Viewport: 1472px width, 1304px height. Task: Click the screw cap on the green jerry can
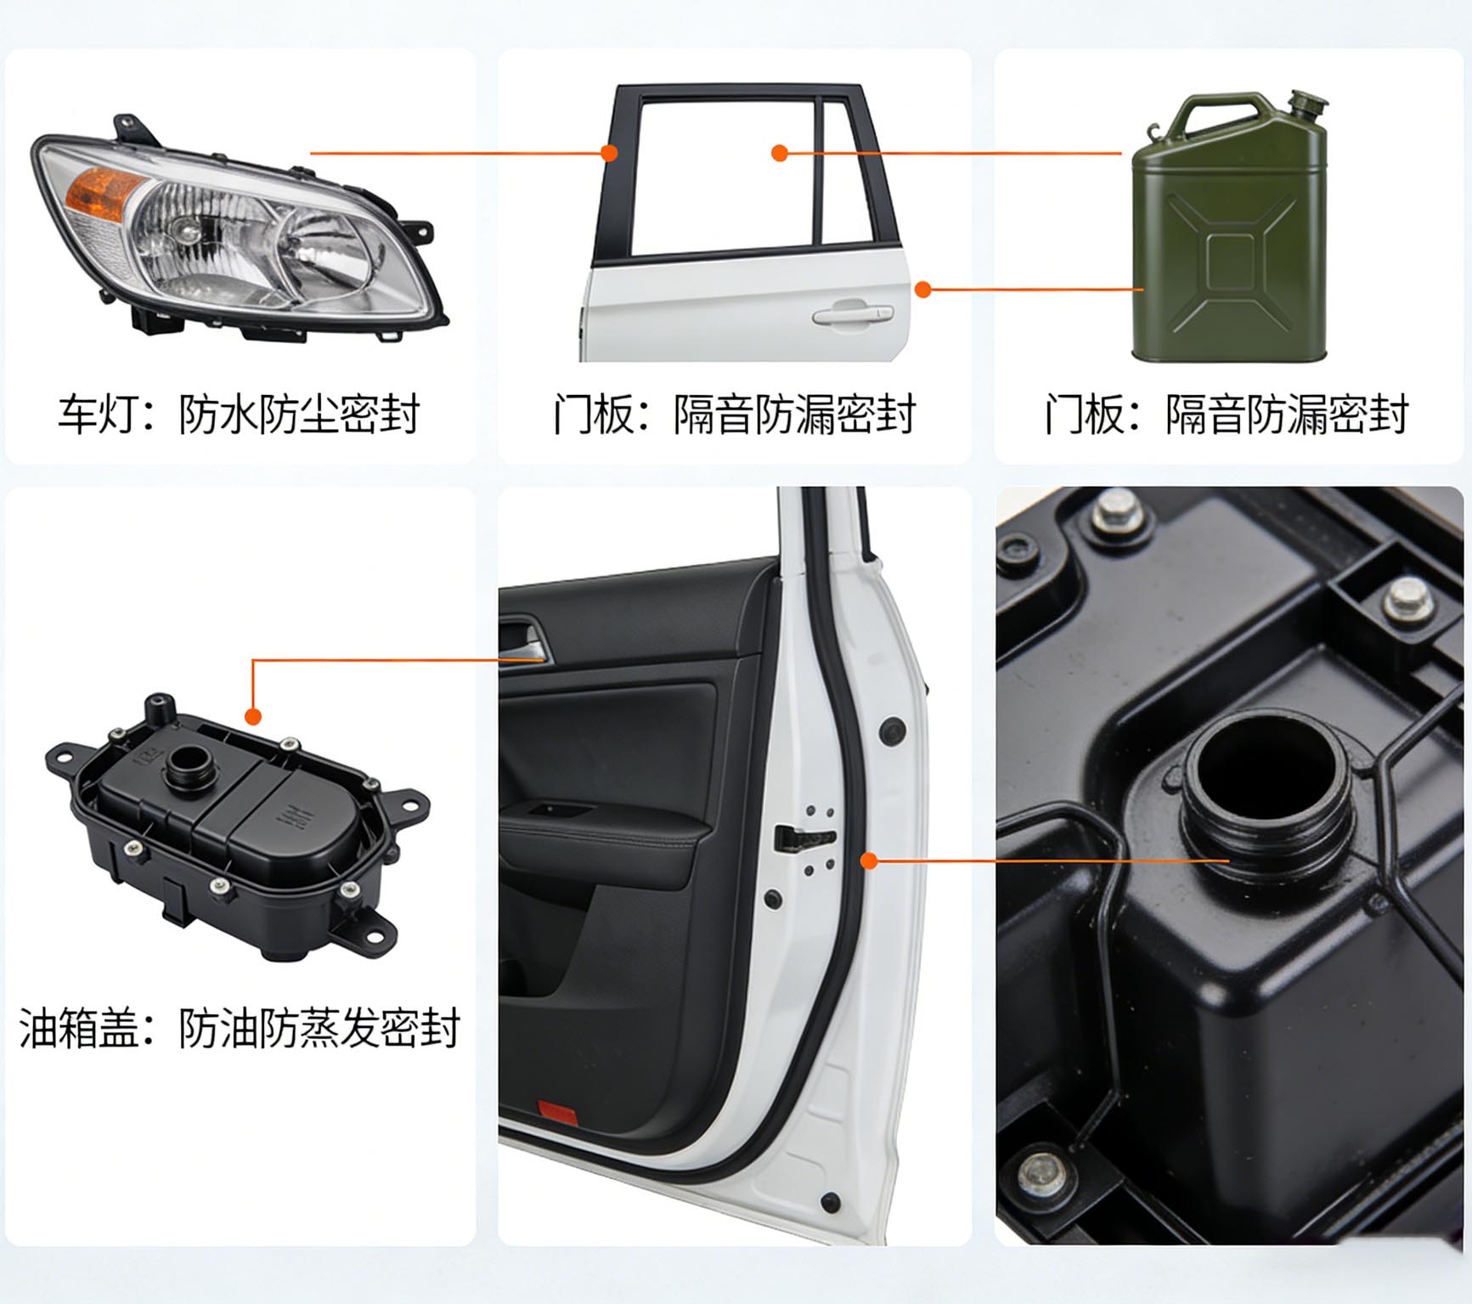coord(1307,106)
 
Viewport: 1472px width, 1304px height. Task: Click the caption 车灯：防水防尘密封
coord(239,415)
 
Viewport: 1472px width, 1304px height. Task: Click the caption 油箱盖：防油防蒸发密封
coord(239,1028)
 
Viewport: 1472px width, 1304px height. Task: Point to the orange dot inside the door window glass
coord(779,153)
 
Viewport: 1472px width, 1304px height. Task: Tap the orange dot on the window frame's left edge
coord(608,153)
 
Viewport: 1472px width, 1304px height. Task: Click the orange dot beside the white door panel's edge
coord(923,290)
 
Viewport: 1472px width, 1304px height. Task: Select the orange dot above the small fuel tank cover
coord(253,716)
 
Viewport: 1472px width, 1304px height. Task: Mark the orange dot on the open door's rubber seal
coord(868,861)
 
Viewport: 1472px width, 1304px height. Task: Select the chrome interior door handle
coord(522,641)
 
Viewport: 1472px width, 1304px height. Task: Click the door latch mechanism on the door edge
coord(804,838)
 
